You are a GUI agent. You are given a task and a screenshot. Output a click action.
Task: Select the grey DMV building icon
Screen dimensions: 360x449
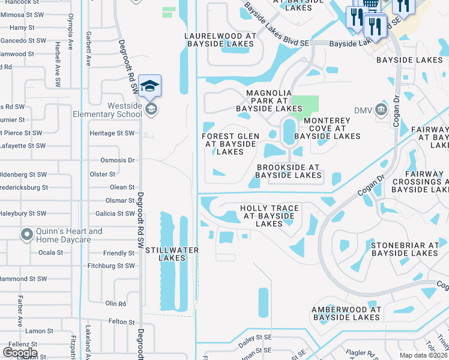click(381, 110)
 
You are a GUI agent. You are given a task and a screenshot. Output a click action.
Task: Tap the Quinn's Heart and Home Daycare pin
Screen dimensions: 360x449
click(27, 235)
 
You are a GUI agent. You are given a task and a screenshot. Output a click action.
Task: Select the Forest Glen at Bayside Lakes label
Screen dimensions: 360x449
click(231, 144)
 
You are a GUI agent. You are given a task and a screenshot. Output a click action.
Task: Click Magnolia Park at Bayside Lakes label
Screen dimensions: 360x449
click(269, 101)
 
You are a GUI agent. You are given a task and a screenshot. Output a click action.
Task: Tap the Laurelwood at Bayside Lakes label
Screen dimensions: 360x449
click(221, 40)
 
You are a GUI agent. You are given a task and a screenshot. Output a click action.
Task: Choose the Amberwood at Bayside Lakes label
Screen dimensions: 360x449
click(346, 313)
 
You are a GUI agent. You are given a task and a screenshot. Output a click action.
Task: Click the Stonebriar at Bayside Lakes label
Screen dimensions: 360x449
click(405, 249)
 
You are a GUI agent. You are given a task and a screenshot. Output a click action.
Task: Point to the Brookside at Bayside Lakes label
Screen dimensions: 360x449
click(289, 171)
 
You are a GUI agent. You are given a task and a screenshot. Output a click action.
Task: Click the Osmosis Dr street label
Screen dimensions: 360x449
click(117, 160)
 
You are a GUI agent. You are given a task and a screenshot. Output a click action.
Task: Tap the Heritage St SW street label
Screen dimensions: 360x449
click(112, 133)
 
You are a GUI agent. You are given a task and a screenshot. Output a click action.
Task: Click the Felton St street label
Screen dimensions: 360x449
click(121, 322)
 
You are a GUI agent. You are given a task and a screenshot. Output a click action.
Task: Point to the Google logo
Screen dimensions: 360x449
click(20, 353)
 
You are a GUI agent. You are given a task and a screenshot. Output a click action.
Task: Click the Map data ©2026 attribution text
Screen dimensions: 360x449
click(423, 355)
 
